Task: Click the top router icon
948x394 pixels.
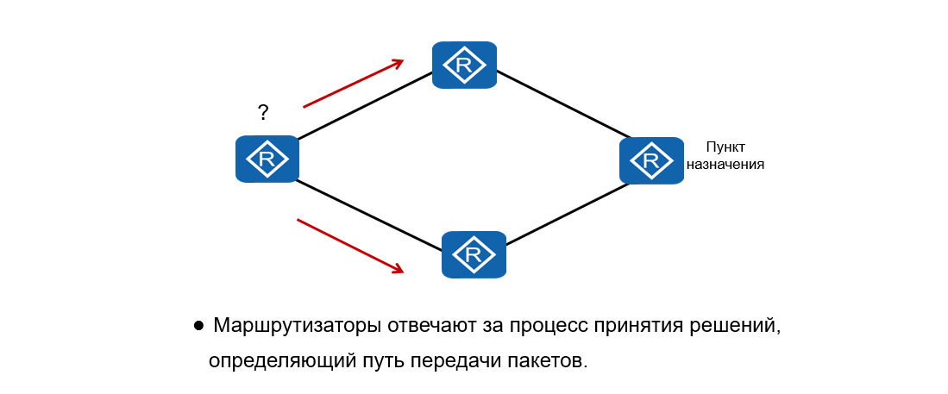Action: (464, 65)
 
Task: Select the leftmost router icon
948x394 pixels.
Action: (267, 159)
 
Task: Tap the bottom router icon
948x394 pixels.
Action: (474, 254)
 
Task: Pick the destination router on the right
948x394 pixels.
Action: (651, 160)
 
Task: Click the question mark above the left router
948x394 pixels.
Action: (263, 112)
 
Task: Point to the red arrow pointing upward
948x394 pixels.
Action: (353, 84)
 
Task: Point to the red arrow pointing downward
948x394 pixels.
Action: (349, 246)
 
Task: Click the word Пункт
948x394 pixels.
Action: (725, 147)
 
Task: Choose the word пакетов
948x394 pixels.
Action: (543, 361)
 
